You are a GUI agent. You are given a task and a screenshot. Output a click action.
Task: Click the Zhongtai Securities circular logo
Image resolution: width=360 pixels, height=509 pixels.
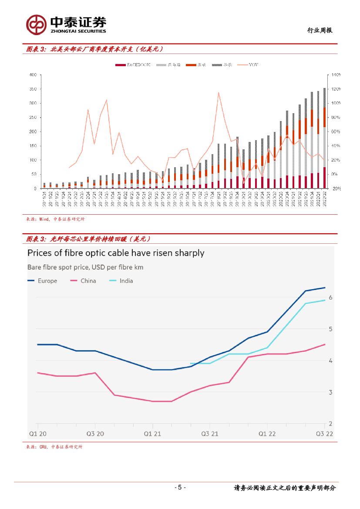point(36,24)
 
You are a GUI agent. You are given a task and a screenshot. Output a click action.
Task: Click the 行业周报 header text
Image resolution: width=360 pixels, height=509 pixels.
point(320,30)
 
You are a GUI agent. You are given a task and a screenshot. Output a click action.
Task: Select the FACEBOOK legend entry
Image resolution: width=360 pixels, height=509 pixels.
point(133,65)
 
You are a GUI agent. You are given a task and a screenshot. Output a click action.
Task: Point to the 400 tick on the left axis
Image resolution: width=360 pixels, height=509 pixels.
point(32,75)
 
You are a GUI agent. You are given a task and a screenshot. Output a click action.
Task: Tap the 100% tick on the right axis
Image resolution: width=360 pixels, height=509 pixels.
point(336,103)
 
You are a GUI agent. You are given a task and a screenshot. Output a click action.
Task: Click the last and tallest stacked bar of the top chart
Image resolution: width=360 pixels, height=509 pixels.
point(324,138)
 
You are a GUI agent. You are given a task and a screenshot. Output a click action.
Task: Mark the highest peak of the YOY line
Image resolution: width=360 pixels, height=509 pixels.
point(218,92)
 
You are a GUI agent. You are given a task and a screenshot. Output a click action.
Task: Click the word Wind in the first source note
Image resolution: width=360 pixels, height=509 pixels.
point(44,219)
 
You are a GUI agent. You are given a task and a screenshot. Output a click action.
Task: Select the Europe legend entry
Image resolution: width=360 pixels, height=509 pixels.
point(42,281)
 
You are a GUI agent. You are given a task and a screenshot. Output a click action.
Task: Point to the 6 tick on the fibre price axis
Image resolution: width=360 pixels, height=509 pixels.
point(331,297)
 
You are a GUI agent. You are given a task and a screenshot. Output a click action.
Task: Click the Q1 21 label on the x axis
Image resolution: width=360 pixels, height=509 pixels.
point(152,434)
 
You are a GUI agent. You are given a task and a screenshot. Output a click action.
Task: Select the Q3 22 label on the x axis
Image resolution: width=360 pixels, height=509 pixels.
point(324,434)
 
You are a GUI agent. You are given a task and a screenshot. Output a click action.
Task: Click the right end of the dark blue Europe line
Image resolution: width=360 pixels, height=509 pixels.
point(325,288)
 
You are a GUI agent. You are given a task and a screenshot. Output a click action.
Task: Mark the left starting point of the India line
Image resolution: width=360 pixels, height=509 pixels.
point(191,364)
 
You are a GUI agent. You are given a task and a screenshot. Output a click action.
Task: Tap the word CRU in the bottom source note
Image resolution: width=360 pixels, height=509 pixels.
point(43,447)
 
